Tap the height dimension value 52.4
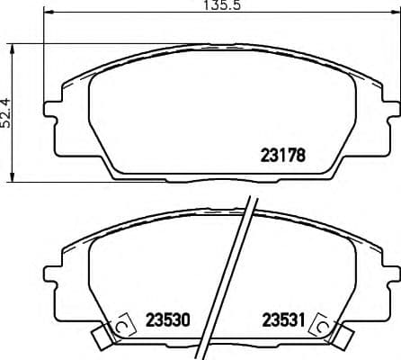tap(6, 113)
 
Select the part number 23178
tap(282, 154)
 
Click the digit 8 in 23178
tap(303, 154)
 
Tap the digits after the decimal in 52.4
tap(6, 102)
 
